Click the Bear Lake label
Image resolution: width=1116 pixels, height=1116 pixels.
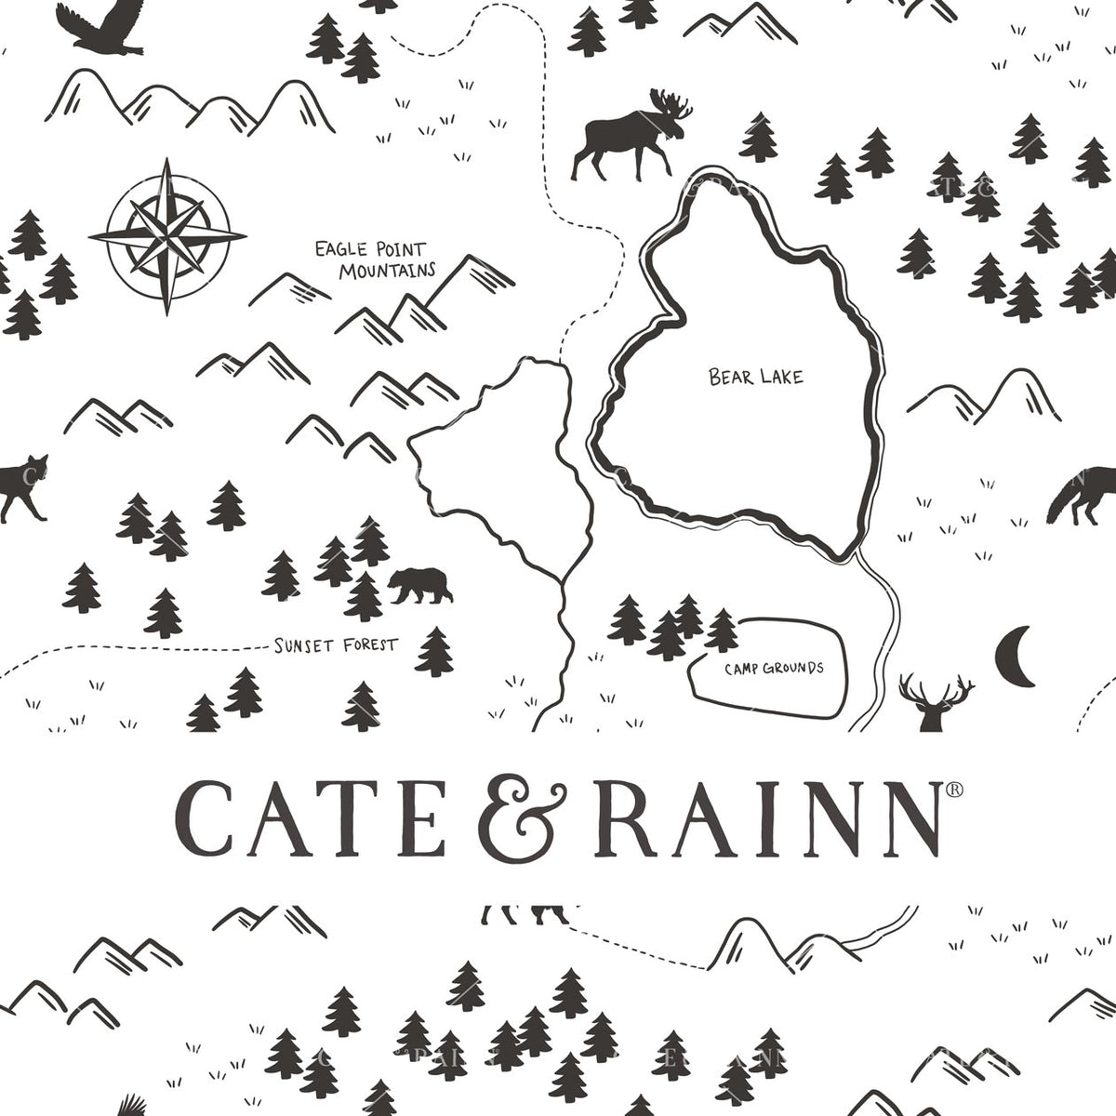(x=755, y=377)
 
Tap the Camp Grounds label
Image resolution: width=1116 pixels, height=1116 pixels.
(x=774, y=668)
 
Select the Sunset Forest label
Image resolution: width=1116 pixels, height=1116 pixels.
(x=336, y=644)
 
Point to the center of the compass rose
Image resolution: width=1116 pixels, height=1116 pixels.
(x=167, y=236)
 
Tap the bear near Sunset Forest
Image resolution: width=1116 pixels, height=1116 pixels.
(x=419, y=586)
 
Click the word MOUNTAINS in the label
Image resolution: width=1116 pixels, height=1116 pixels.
(x=387, y=272)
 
